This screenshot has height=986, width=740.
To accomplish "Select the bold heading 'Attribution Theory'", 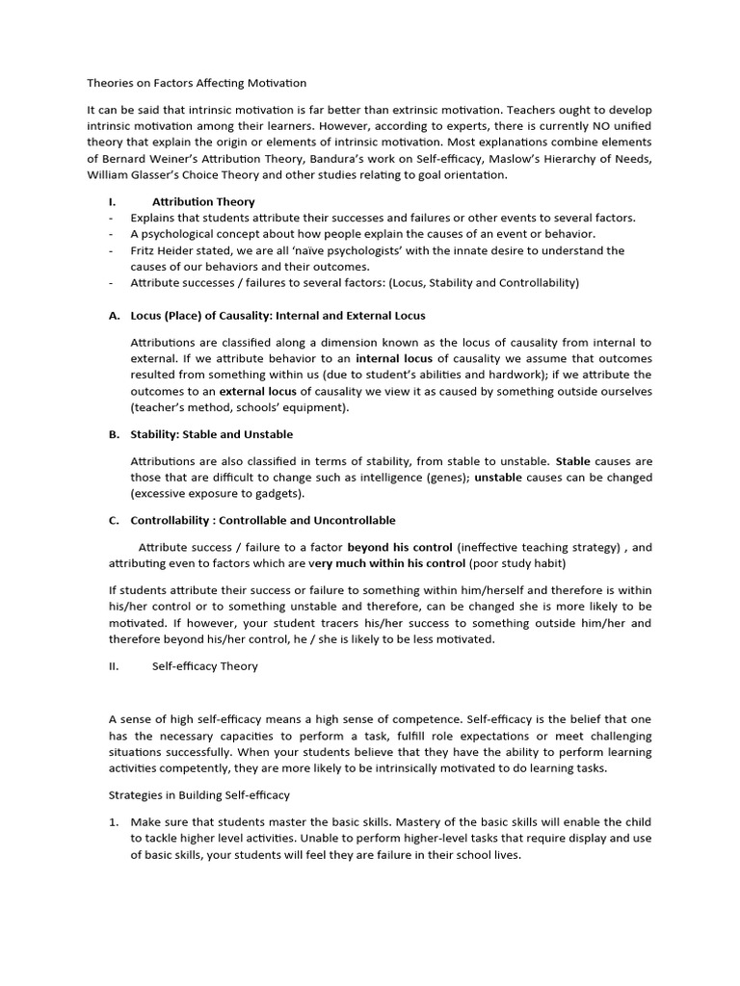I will [203, 202].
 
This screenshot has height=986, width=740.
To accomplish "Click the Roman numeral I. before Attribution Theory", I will [112, 202].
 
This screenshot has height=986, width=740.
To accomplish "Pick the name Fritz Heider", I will [164, 250].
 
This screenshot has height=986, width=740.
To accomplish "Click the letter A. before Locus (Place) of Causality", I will [114, 316].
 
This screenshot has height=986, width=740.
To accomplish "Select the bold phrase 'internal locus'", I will [395, 358].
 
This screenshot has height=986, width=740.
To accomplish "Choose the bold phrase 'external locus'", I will [257, 391].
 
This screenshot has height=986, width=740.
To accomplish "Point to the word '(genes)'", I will [445, 478].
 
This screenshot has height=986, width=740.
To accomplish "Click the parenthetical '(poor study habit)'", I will [518, 563].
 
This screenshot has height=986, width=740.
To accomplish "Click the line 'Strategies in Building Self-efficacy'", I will [198, 795].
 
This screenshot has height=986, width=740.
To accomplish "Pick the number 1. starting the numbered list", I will [114, 821].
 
